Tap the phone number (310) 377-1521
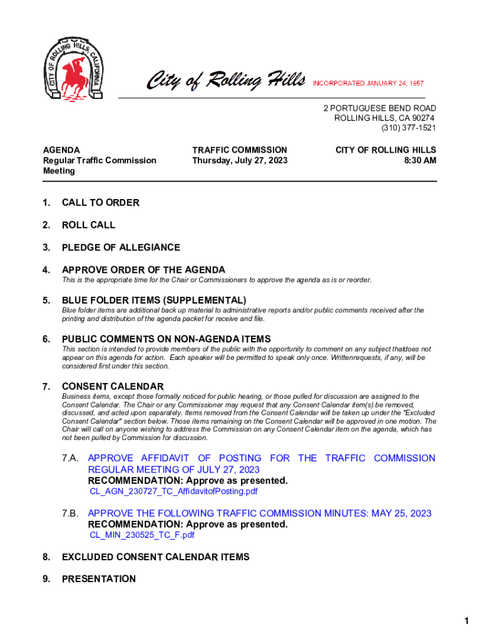coord(408,128)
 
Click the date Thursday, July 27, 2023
coord(240,161)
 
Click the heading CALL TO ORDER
coord(100,203)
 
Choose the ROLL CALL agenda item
coord(88,225)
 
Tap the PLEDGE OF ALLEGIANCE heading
coord(121,247)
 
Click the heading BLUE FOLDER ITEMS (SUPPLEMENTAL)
coord(153,300)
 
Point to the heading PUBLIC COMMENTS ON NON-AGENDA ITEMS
coord(166,339)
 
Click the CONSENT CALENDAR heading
coord(113,387)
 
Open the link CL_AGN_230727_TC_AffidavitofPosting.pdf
coord(173,491)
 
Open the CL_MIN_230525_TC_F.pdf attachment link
coord(142,535)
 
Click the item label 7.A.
coord(70,459)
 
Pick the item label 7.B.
coord(70,514)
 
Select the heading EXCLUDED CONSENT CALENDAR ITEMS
coord(155,557)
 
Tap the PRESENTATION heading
coord(98,579)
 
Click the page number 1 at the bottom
coord(466,621)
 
